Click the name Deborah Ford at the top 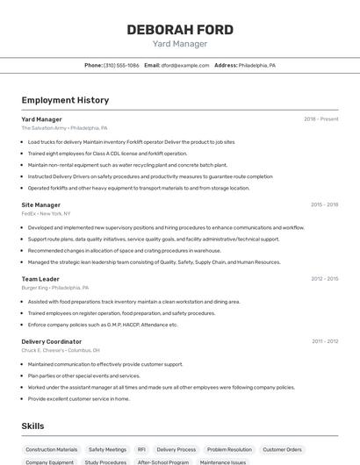point(180,30)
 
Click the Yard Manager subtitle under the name point(180,43)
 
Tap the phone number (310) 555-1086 point(121,65)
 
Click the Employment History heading point(65,101)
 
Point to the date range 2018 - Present point(321,119)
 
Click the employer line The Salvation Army point(64,127)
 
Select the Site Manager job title point(40,204)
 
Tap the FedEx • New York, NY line point(46,213)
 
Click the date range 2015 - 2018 point(324,204)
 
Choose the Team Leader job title point(40,279)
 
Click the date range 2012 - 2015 point(324,279)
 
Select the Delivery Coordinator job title point(51,341)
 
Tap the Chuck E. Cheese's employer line point(60,350)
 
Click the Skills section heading point(33,426)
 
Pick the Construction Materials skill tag point(51,449)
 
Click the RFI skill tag point(141,449)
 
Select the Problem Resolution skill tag point(229,449)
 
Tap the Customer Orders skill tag point(282,449)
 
